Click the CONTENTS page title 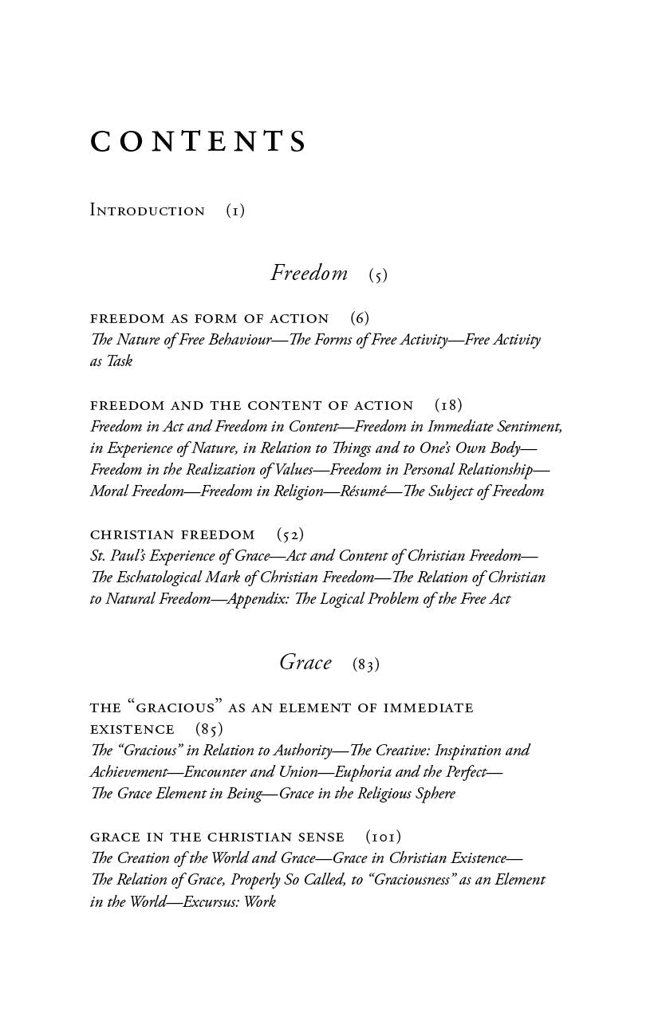199,142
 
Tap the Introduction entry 148,211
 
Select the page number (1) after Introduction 235,211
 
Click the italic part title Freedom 309,273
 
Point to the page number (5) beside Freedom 378,275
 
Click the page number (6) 360,318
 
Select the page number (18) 448,405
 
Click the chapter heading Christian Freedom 172,534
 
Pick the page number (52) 290,534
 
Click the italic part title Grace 305,662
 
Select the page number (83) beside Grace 366,664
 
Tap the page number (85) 209,729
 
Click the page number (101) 384,837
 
